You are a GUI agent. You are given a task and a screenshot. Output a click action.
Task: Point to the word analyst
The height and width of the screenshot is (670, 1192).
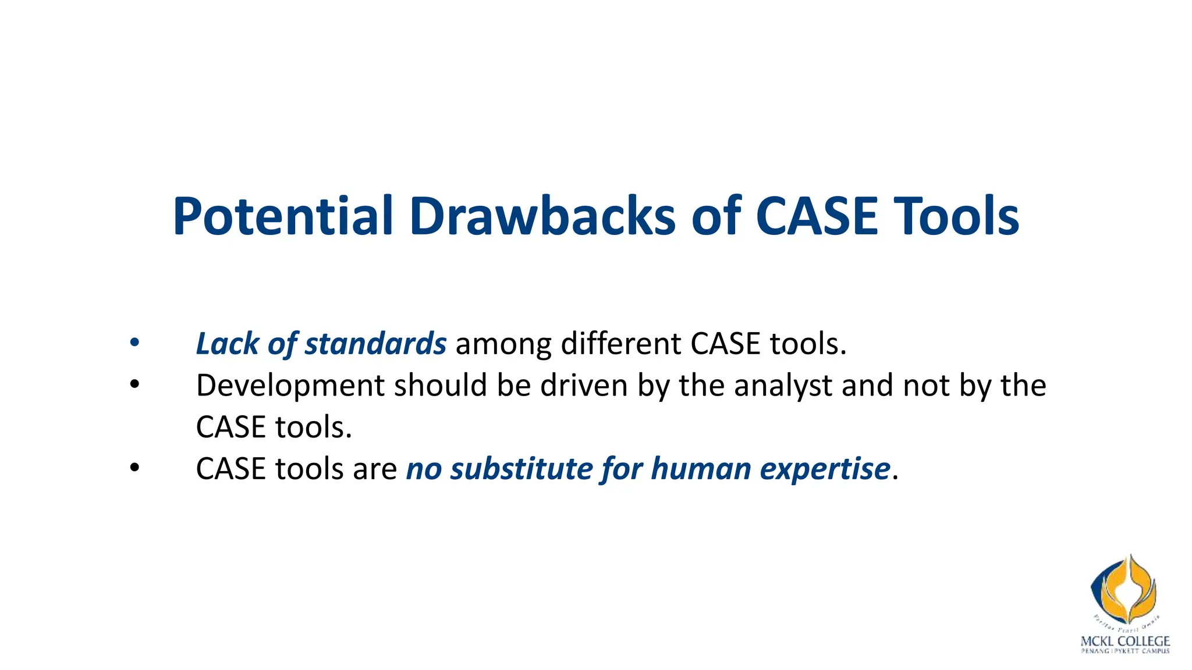coord(783,386)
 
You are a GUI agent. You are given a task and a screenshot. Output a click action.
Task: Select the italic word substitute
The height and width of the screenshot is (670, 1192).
coord(521,469)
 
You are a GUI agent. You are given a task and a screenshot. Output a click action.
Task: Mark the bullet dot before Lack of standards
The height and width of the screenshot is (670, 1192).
coord(134,343)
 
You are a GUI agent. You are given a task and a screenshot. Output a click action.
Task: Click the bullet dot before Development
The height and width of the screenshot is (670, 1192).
coord(134,385)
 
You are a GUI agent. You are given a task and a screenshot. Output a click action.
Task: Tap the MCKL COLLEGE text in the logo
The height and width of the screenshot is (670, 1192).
coord(1124,641)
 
